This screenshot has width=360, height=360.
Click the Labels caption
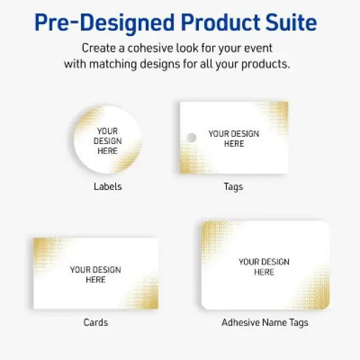107,187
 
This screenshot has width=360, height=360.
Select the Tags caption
233,187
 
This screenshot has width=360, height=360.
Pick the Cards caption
96,322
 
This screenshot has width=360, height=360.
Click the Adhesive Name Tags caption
264,322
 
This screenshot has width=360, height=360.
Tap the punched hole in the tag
191,137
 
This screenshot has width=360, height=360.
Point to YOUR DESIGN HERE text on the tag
234,138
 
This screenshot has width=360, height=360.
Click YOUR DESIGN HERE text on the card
96,274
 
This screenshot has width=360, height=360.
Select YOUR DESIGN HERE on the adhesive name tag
264,266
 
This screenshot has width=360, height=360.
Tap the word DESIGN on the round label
107,141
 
